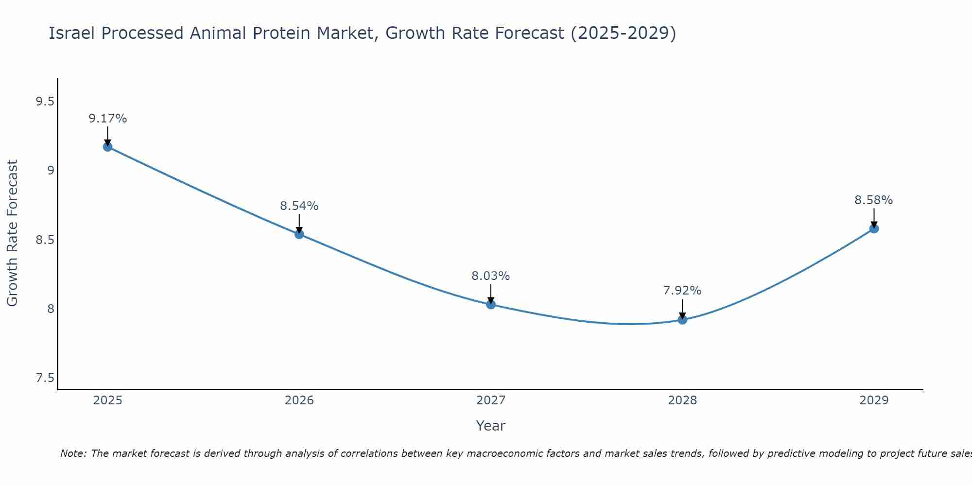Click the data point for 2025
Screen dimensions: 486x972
(107, 147)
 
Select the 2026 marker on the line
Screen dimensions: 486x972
(299, 234)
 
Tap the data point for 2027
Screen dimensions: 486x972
(491, 305)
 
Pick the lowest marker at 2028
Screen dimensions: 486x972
(682, 320)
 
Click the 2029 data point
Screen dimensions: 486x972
(874, 228)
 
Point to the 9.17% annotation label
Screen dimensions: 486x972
(107, 119)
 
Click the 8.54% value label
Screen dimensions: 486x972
(299, 206)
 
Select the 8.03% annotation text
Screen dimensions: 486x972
(491, 276)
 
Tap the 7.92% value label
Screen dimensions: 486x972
(682, 291)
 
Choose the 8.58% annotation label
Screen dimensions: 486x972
(874, 200)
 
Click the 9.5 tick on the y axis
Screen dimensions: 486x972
(45, 102)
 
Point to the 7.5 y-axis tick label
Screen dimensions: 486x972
(45, 378)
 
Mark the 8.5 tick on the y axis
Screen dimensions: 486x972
(45, 240)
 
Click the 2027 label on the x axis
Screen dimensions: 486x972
(491, 400)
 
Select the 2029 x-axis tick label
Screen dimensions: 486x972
(874, 400)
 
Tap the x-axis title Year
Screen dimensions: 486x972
(491, 426)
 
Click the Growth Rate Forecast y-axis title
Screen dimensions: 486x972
(13, 233)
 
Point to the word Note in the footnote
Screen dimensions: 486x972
(72, 453)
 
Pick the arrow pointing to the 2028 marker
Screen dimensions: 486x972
(682, 310)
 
